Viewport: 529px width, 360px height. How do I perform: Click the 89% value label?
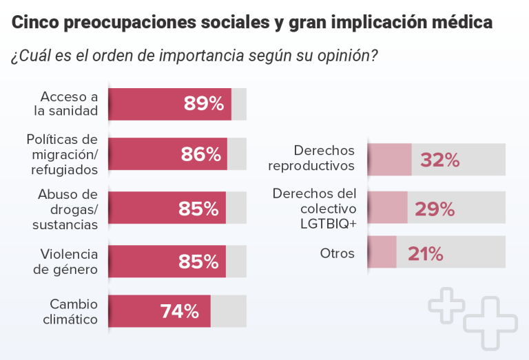[203, 104]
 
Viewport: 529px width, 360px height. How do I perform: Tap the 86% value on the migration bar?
[201, 154]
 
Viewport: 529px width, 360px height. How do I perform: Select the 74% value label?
[180, 311]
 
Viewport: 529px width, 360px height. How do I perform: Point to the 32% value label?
[439, 160]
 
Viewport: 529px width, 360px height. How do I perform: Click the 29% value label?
[434, 209]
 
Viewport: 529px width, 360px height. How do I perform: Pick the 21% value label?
[425, 253]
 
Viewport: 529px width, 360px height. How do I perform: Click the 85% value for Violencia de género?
[198, 262]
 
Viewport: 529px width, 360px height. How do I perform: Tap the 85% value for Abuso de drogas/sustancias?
[198, 209]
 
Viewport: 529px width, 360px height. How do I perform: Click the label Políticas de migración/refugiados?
[63, 154]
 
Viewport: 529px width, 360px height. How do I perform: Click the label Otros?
[337, 253]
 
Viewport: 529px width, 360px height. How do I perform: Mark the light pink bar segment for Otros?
[382, 252]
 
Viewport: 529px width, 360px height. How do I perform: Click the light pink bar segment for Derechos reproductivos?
[390, 160]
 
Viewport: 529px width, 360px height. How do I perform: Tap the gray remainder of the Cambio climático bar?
[228, 311]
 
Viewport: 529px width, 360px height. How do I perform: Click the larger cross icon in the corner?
[490, 323]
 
